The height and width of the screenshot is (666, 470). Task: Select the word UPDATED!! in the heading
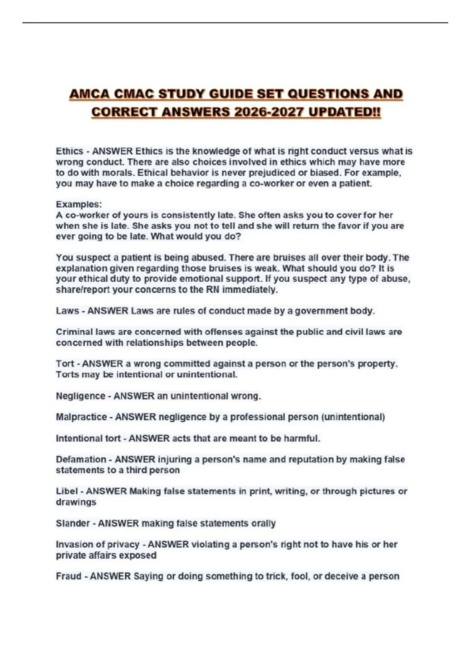pos(344,112)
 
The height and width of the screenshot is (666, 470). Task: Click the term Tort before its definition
pos(65,364)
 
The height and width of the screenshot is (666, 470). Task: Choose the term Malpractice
pos(81,417)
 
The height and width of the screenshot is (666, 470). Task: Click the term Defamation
pos(81,460)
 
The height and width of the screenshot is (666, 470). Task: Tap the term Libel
pos(67,492)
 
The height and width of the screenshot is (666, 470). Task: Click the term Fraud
pos(68,576)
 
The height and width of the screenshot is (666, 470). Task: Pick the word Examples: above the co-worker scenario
pos(79,205)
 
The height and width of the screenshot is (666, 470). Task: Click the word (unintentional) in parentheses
pos(353,417)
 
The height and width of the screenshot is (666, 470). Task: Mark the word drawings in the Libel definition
pos(76,502)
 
